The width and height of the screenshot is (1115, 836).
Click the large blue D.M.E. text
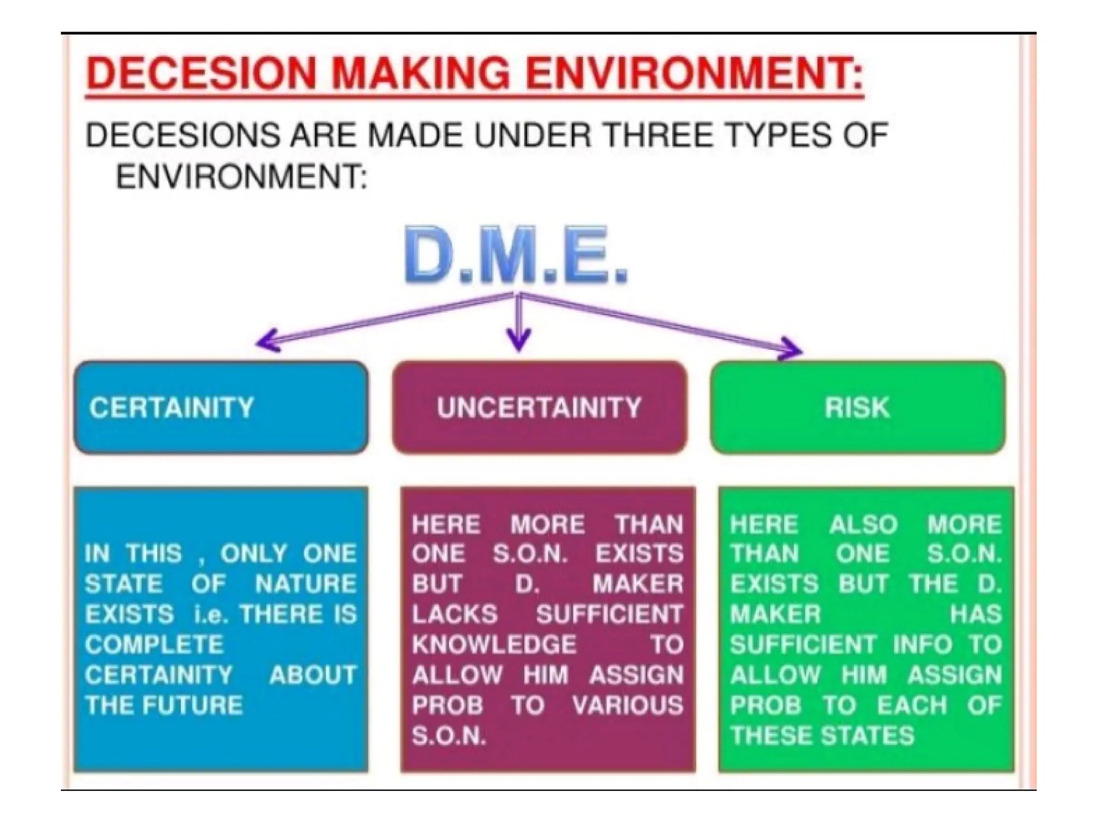point(516,256)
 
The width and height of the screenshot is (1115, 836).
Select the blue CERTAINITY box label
point(171,408)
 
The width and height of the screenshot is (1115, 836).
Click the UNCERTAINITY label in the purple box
point(539,408)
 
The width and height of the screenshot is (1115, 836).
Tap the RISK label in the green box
point(857,408)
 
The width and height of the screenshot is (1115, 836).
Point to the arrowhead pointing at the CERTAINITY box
point(263,342)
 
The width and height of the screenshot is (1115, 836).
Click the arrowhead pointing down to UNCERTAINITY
point(518,343)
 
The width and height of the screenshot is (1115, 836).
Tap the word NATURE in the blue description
point(305,584)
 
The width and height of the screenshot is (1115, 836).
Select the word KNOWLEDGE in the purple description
point(494,645)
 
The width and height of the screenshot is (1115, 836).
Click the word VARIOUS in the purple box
point(627,705)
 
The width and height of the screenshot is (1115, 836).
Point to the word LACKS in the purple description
point(455,614)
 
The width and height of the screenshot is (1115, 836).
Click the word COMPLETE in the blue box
point(154,645)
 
